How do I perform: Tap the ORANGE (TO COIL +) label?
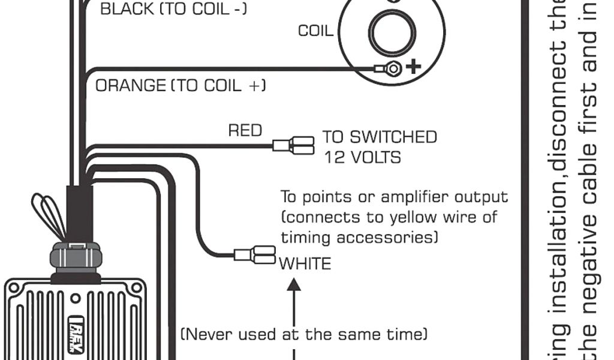(x=180, y=85)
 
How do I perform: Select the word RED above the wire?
(x=245, y=130)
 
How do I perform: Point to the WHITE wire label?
(x=305, y=263)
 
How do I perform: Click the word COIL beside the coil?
(x=315, y=31)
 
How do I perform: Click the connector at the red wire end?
(x=294, y=145)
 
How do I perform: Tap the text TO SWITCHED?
(x=380, y=137)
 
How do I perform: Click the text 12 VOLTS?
(x=362, y=157)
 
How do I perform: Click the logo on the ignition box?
(x=75, y=334)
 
